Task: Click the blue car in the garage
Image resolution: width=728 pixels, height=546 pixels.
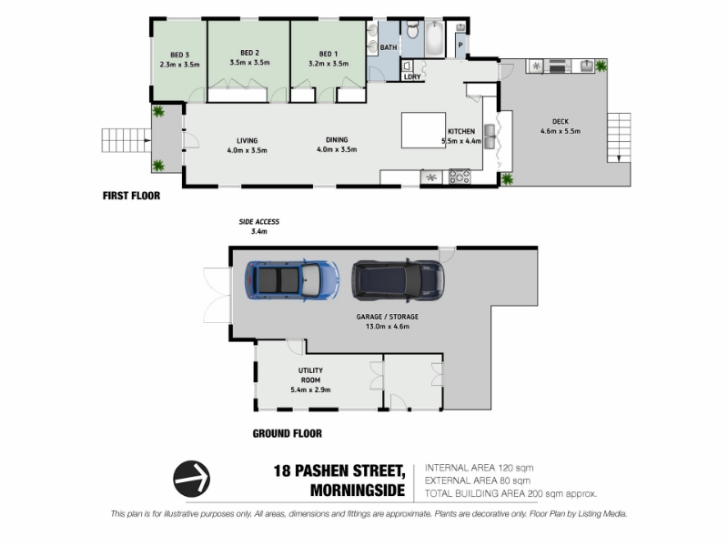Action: (x=291, y=280)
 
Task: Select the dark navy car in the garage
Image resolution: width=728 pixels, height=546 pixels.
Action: (x=398, y=280)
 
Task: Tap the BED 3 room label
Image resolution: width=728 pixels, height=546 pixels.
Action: (x=179, y=55)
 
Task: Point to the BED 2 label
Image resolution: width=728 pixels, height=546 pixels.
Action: (x=249, y=53)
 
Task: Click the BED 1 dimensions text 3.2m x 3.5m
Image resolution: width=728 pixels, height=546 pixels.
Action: (x=329, y=64)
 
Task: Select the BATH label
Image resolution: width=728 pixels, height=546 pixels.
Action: (x=389, y=47)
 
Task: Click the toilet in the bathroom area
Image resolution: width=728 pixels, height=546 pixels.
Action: (x=412, y=30)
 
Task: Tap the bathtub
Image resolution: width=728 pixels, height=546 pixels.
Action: (x=435, y=38)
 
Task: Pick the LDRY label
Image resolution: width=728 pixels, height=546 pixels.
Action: (x=412, y=76)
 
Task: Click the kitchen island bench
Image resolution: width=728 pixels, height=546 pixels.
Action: (x=423, y=130)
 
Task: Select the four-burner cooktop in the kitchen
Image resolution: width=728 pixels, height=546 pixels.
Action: (x=460, y=177)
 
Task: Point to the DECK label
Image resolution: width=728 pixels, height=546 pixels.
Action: (x=561, y=121)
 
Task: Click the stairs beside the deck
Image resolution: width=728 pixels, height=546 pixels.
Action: (x=619, y=137)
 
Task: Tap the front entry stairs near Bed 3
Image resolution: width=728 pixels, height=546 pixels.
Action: (x=126, y=140)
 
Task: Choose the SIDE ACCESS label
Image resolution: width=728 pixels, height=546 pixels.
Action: (x=259, y=221)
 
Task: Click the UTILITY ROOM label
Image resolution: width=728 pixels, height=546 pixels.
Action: (x=310, y=375)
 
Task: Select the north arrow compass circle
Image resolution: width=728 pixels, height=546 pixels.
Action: (x=191, y=479)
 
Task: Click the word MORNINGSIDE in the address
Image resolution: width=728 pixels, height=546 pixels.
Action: (x=358, y=490)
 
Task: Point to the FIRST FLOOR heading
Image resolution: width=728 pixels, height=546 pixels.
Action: (x=131, y=196)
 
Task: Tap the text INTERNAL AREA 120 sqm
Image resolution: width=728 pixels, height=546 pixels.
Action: (x=480, y=468)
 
